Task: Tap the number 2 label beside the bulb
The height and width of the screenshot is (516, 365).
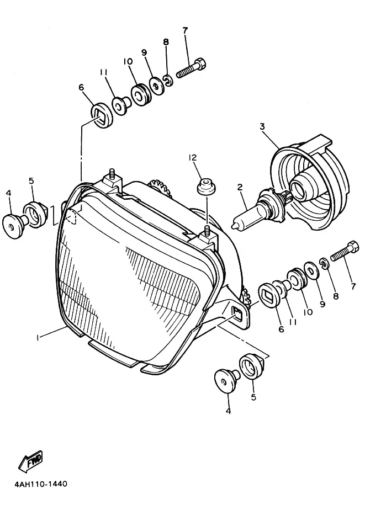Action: pos(240,188)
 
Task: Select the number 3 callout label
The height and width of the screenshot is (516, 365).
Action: pos(262,126)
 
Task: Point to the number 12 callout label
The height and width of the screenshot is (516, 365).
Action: pos(192,158)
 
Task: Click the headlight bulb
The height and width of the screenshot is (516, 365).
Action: pos(260,209)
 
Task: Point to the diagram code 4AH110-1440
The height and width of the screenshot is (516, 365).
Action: pos(37,485)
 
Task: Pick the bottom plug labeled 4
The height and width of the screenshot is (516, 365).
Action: pos(226,381)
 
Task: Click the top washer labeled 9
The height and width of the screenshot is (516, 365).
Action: pos(157,86)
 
